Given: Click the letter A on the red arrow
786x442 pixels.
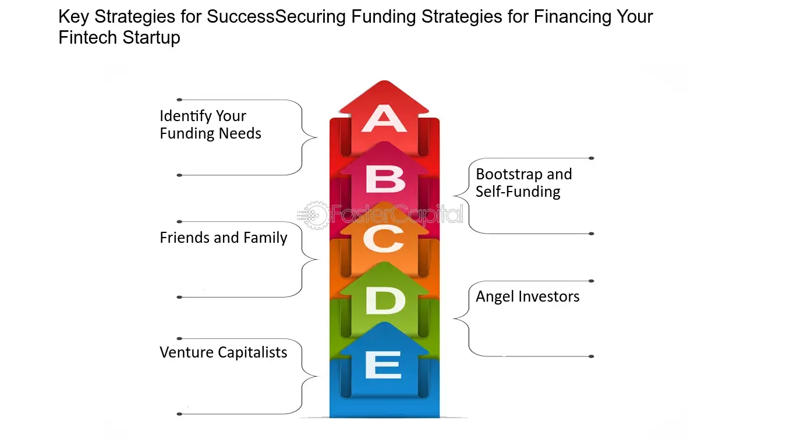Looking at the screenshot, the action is click(384, 119).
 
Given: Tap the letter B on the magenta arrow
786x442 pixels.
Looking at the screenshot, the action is click(385, 179).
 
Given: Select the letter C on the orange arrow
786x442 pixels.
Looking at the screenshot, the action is click(384, 239).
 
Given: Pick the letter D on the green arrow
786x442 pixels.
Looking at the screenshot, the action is click(385, 300).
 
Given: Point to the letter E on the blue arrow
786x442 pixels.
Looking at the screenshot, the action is click(383, 365).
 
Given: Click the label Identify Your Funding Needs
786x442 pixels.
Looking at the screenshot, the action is click(210, 125).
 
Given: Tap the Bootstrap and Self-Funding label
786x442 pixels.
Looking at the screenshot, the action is click(523, 183).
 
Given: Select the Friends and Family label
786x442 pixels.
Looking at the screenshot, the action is click(223, 238).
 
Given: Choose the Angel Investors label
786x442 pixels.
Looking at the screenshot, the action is click(527, 296).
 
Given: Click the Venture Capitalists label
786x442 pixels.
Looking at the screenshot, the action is click(223, 352).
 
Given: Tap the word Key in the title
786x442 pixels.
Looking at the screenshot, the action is click(73, 16).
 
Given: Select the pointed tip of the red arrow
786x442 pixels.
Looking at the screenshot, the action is click(384, 81).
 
